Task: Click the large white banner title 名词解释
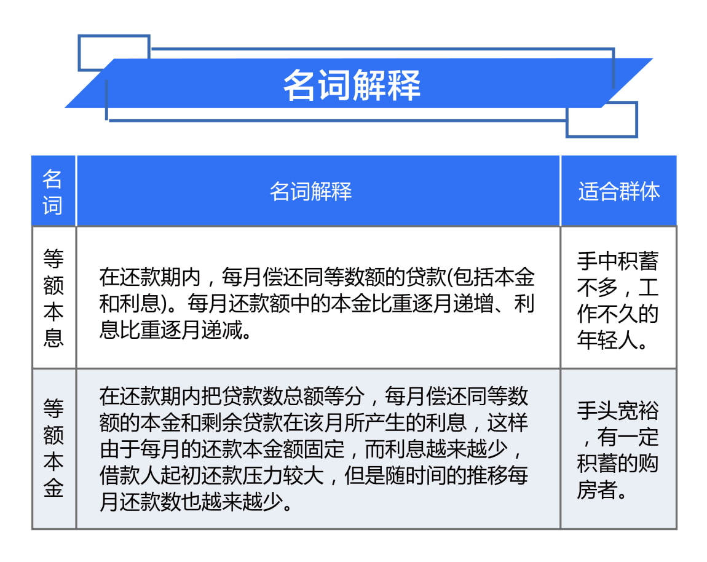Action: [x=352, y=85]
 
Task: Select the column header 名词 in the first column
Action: [x=53, y=192]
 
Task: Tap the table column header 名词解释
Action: [x=310, y=191]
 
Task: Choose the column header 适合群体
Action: [x=619, y=191]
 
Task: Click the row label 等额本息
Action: [x=53, y=298]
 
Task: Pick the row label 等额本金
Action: [x=53, y=448]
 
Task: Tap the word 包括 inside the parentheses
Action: [x=474, y=277]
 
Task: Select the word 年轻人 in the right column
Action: [x=608, y=340]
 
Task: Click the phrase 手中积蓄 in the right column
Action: [x=618, y=261]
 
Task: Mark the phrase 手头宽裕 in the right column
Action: [x=618, y=411]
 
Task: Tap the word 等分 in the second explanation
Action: [x=344, y=396]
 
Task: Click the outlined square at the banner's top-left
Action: [x=114, y=36]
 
